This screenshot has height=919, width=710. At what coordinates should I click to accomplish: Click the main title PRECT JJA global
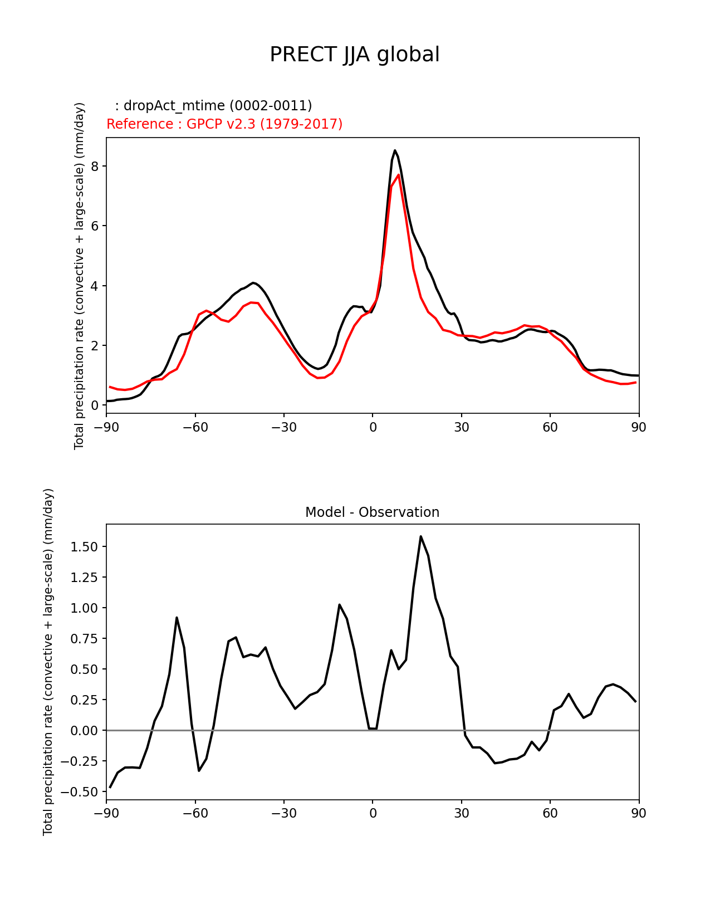coord(355,55)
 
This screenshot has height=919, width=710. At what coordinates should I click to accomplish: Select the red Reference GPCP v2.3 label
coord(224,124)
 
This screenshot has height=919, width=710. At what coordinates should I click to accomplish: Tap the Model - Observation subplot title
coord(372,512)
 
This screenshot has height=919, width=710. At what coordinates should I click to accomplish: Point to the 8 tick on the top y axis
coord(95,167)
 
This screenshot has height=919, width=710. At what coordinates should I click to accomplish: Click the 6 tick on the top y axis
coord(95,226)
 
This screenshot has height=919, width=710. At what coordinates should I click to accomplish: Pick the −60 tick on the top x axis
coord(195,428)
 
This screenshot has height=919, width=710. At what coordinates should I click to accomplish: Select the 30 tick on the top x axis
coord(462,428)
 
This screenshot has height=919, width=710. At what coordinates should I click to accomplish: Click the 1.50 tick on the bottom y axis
coord(85,547)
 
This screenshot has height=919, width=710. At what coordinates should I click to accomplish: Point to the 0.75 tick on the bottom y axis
coord(85,639)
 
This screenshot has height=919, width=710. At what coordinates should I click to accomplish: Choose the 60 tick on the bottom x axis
coord(550,814)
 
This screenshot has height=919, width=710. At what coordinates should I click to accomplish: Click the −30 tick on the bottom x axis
coord(283,814)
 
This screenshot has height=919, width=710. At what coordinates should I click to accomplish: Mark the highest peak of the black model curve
coord(395,150)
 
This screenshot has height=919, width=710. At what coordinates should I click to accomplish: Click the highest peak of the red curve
coord(399,175)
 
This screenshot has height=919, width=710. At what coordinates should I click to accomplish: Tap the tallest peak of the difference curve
coord(421,536)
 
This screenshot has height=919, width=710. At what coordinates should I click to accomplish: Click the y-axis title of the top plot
coord(80,276)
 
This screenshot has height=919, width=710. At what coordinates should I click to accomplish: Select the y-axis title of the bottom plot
coord(48,662)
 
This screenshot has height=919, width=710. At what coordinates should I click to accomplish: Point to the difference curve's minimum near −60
coord(199,770)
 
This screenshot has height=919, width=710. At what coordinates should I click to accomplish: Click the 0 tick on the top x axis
coord(373,428)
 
